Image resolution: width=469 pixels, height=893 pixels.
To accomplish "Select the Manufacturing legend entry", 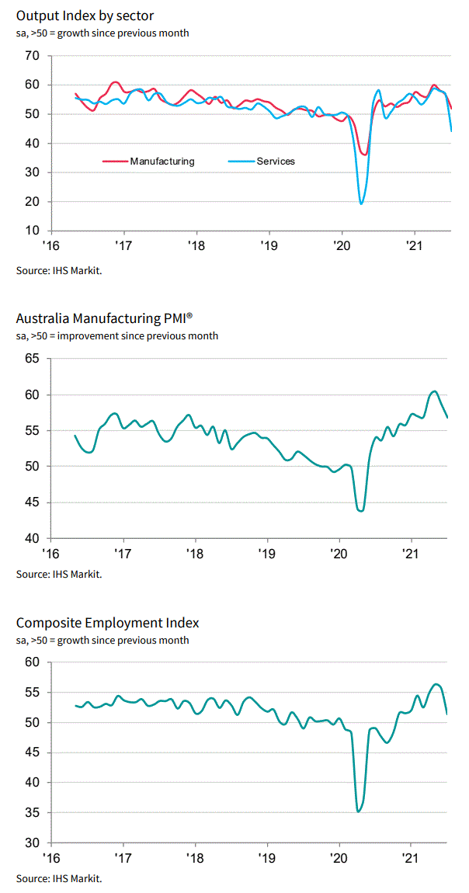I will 162,162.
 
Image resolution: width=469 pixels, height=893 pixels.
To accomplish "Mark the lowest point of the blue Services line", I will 361,203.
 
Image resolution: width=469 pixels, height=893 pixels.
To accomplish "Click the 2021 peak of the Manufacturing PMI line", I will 434,391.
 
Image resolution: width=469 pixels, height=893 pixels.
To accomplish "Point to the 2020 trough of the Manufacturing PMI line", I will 361,510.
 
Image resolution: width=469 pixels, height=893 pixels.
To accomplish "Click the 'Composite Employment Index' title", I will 107,623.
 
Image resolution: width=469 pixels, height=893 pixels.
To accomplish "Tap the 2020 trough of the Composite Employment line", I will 358,811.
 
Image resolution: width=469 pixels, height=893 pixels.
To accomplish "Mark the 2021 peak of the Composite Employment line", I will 436,684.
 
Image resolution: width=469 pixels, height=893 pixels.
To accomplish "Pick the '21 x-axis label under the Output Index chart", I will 413,247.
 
